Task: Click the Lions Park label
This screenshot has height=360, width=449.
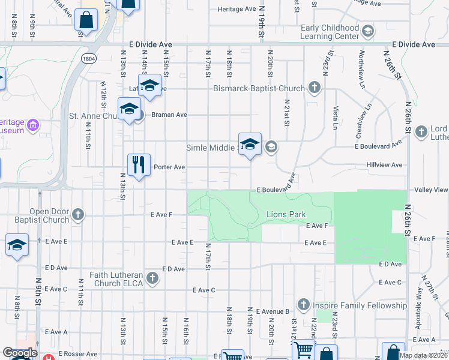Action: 286,214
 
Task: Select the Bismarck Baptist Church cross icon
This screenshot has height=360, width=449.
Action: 313,89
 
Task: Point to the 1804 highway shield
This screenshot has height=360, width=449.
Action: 89,58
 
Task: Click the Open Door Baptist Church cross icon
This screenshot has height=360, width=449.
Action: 77,214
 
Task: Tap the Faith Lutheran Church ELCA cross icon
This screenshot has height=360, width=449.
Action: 153,277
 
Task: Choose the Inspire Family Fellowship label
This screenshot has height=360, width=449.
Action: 360,305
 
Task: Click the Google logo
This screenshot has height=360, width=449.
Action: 20,353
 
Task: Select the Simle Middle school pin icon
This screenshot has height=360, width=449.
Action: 250,144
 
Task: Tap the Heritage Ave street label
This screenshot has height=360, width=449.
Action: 237,9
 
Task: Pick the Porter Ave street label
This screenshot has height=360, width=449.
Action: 169,167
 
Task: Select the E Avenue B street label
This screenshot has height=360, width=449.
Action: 273,311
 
